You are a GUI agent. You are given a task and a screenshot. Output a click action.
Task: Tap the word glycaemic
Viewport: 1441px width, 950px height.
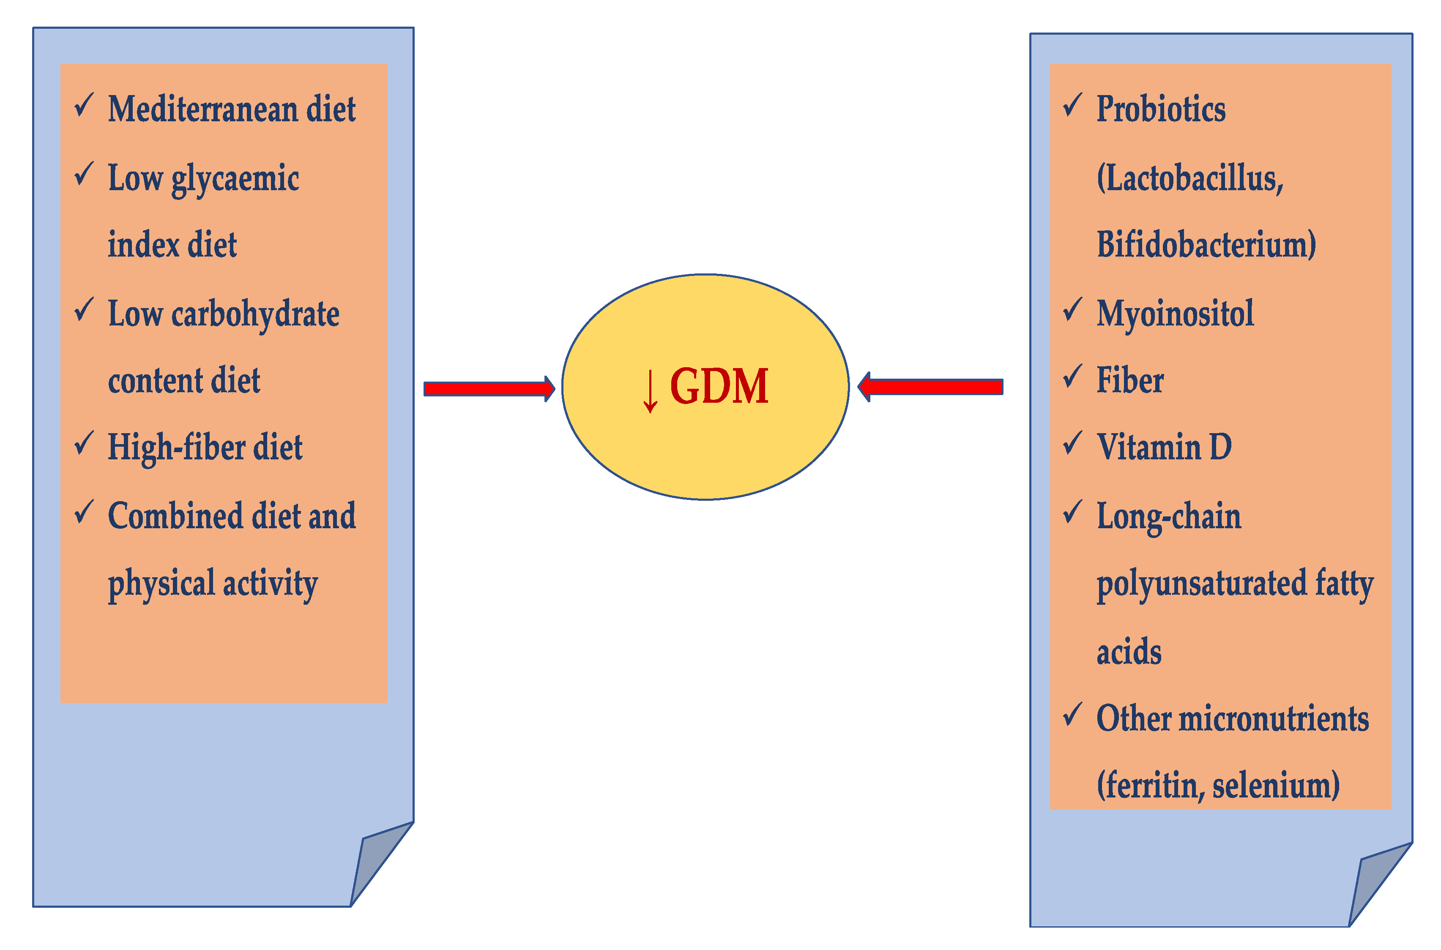[x=235, y=179]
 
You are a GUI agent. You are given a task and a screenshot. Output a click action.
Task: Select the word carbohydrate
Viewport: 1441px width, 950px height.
[x=255, y=314]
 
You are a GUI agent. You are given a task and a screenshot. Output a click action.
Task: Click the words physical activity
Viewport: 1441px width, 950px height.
[x=213, y=584]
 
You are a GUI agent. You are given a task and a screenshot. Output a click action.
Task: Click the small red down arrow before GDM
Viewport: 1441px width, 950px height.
[x=650, y=391]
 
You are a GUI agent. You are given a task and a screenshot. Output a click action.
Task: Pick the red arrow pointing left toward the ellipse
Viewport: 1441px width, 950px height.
[x=931, y=387]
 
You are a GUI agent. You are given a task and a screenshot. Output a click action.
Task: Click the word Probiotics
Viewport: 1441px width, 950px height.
[x=1160, y=109]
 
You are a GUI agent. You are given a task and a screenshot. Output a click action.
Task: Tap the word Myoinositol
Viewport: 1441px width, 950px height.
[x=1174, y=314]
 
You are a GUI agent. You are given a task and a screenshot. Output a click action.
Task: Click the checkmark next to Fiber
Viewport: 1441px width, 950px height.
[x=1072, y=377]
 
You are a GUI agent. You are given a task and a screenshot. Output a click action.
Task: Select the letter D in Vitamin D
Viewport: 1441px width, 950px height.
[x=1220, y=447]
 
